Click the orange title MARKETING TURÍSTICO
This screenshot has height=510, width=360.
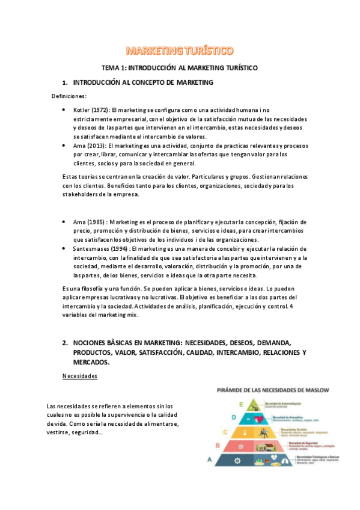tap(180, 50)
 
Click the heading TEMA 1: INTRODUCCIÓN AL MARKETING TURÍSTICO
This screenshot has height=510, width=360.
tap(179, 69)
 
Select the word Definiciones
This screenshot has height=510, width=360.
tap(69, 96)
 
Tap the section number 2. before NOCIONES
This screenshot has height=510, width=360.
tap(64, 342)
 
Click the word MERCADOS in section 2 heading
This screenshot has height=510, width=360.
tap(91, 363)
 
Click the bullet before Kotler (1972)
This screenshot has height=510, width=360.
tap(64, 111)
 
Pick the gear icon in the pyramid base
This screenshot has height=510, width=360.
tap(237, 461)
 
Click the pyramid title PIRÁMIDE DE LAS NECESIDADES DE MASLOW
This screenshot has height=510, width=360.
tap(273, 390)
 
